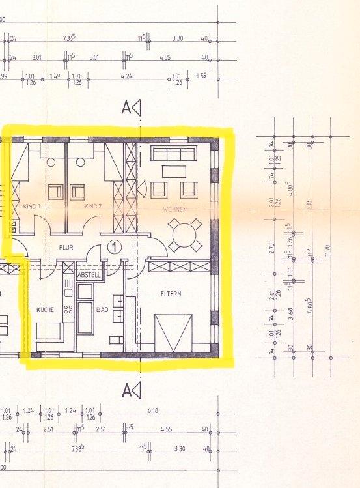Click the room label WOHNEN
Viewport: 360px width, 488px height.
click(x=176, y=209)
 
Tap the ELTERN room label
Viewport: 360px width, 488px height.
click(x=171, y=294)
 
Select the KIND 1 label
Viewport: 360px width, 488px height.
click(x=32, y=207)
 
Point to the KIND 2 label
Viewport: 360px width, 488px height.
click(x=94, y=207)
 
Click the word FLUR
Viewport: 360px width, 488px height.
click(x=66, y=248)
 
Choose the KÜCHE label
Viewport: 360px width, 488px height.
click(x=45, y=309)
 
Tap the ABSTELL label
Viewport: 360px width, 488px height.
click(x=89, y=276)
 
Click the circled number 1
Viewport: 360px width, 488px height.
click(x=114, y=247)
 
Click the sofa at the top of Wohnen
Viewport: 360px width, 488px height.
click(x=173, y=153)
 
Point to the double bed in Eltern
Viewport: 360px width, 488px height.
click(x=173, y=332)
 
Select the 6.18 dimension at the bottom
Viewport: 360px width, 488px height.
click(x=154, y=410)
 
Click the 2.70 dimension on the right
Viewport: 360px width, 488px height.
click(x=271, y=247)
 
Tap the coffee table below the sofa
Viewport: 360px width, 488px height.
click(x=173, y=171)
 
